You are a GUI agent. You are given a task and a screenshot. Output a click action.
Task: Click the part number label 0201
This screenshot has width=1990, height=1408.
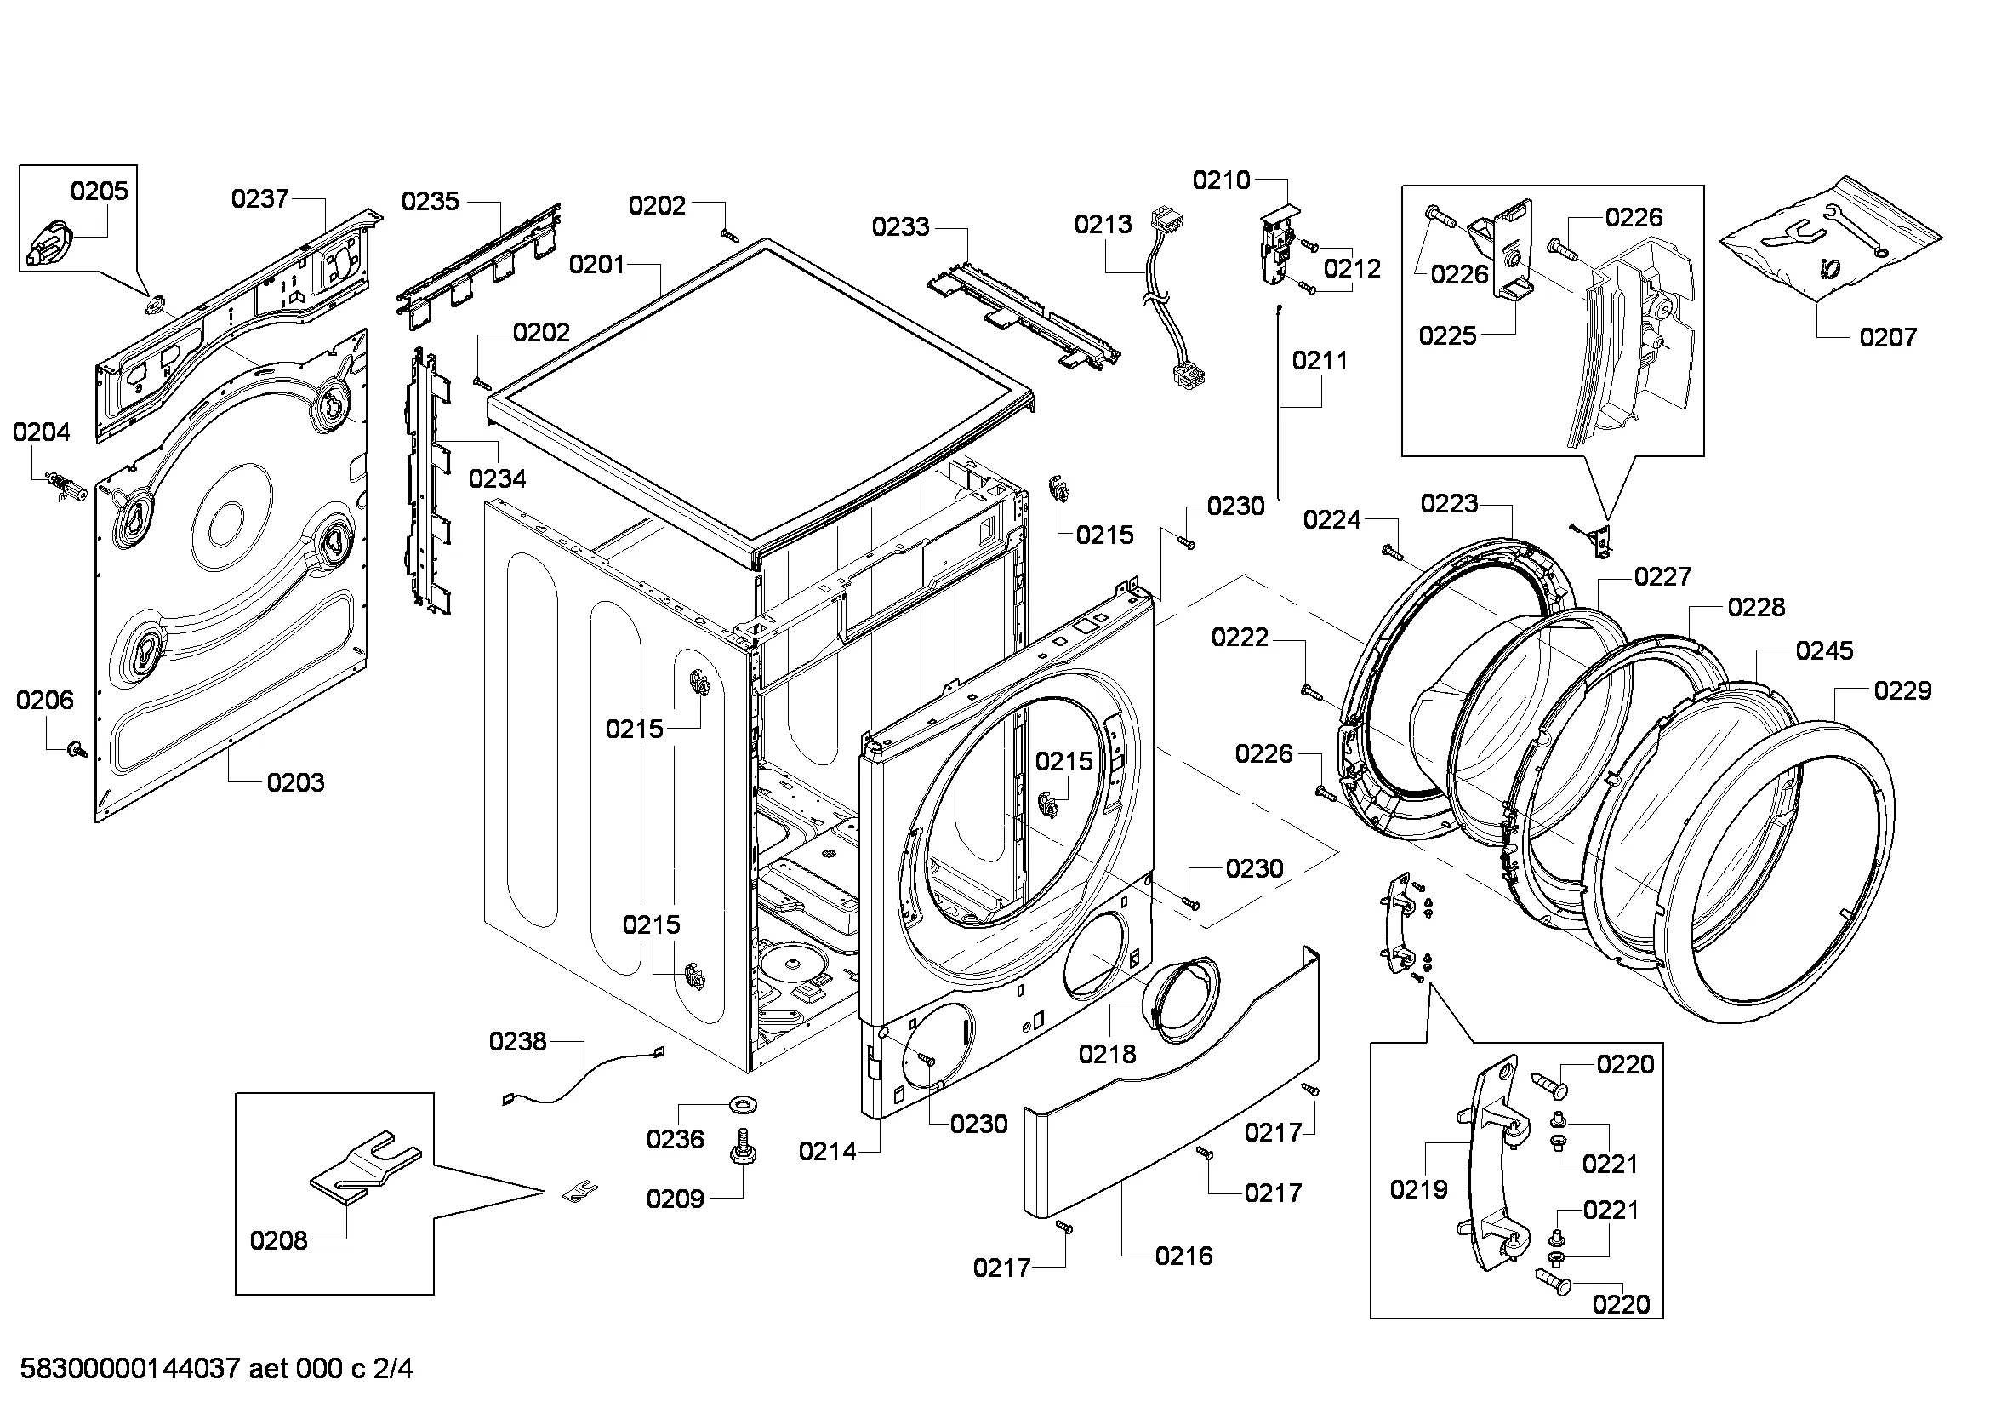597,265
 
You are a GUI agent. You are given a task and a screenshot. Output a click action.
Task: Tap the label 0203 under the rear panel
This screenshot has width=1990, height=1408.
294,782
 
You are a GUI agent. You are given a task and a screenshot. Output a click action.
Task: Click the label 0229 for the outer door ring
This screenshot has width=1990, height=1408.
1902,691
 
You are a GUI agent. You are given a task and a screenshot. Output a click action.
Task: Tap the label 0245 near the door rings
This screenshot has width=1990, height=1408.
1823,650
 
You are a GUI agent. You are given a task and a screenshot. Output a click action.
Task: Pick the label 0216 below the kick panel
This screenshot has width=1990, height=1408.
1183,1256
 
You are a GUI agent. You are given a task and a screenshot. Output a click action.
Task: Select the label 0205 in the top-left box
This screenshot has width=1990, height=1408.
99,191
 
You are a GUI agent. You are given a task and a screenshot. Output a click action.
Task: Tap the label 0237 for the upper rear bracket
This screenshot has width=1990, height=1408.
259,199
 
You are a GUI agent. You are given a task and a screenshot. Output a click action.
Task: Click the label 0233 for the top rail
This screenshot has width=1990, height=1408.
899,227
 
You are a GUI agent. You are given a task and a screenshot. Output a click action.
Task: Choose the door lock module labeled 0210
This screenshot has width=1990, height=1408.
1276,247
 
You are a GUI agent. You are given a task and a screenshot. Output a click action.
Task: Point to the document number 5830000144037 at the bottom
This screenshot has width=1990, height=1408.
130,1369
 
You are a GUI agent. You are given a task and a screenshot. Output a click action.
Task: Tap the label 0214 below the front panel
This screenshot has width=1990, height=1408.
827,1152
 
